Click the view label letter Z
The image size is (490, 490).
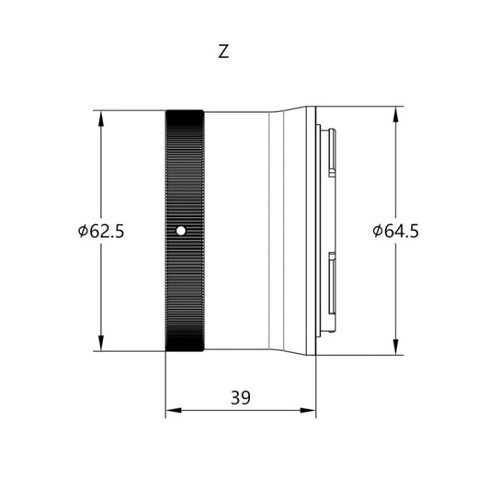point(223,52)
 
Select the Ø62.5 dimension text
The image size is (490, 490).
point(101,231)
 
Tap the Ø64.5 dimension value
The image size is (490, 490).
point(396,231)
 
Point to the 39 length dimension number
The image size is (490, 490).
point(241,397)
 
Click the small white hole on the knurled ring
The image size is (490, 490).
point(181,230)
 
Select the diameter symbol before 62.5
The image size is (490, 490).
point(83,231)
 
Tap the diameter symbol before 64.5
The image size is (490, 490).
point(378,231)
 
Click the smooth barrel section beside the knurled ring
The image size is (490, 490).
point(235,230)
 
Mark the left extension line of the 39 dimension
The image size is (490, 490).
point(165,386)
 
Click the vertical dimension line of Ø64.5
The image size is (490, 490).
point(396,294)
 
